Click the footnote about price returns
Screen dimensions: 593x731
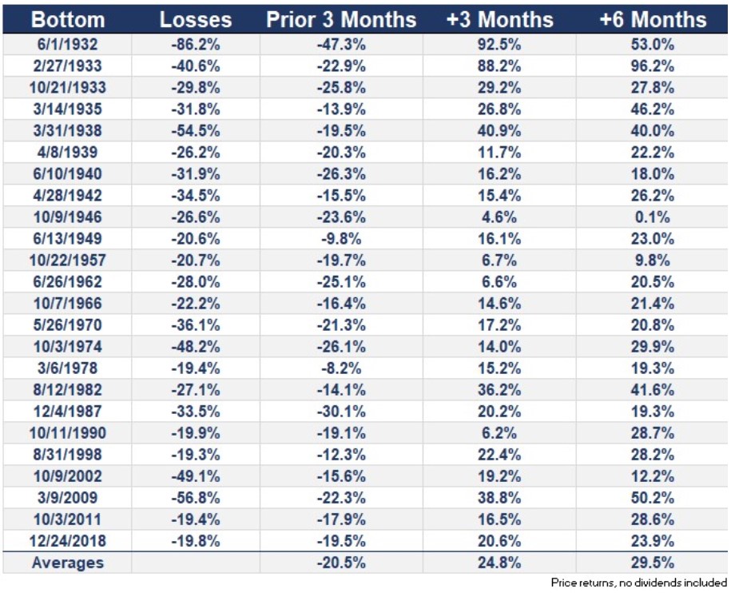pyautogui.click(x=640, y=583)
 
